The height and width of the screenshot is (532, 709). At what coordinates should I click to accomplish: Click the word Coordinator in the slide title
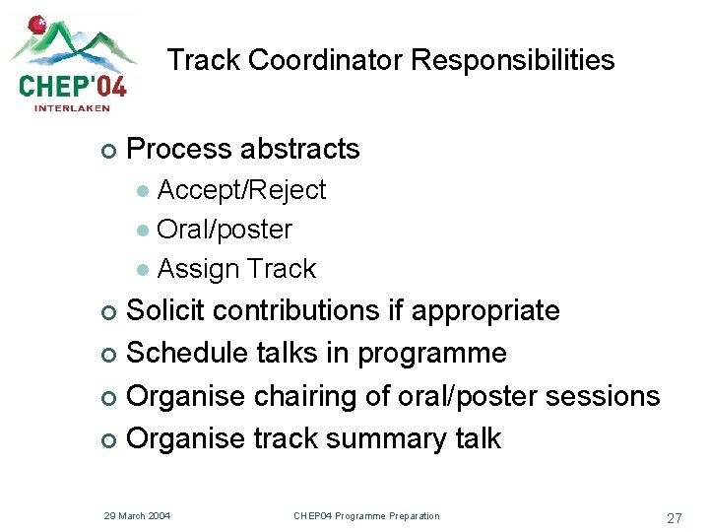click(x=326, y=60)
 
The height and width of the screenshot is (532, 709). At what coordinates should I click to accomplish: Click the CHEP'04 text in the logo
click(x=73, y=86)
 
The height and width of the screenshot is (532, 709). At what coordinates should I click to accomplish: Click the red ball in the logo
click(x=37, y=24)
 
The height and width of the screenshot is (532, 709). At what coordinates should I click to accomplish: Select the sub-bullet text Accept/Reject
click(x=241, y=190)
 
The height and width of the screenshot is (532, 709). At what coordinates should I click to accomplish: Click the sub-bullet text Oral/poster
click(x=225, y=230)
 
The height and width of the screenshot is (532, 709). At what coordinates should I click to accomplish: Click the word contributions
click(x=295, y=310)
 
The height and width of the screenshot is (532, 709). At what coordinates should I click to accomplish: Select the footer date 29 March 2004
click(x=137, y=516)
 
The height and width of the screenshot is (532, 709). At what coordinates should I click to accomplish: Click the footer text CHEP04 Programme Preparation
click(x=366, y=516)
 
